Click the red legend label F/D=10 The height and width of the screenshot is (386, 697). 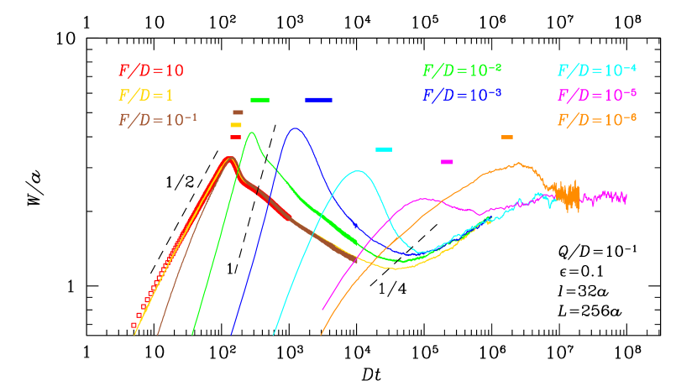click(x=150, y=70)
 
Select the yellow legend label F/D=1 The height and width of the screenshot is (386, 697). click(x=146, y=95)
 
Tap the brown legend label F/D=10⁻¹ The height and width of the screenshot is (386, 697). click(x=157, y=119)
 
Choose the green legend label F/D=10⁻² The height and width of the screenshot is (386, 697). click(x=462, y=70)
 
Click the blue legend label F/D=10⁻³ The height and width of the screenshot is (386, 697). click(x=462, y=95)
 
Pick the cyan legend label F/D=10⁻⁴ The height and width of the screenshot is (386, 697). click(x=596, y=70)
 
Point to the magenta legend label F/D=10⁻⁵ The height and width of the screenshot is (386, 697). click(x=596, y=95)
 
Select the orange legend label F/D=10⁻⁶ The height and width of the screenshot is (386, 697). click(x=596, y=119)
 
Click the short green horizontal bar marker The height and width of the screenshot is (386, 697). click(x=259, y=100)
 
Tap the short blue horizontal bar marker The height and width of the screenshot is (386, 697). click(x=318, y=100)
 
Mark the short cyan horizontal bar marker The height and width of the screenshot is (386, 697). click(x=384, y=149)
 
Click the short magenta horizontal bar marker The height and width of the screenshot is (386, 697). click(x=447, y=161)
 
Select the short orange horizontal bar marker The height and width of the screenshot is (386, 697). click(x=507, y=137)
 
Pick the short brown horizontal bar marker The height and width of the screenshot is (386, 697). click(x=238, y=112)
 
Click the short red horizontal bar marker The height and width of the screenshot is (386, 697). click(x=235, y=137)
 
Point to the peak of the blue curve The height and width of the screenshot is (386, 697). click(x=295, y=128)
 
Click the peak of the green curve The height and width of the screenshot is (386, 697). click(x=250, y=133)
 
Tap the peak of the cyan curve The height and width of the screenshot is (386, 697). click(x=359, y=171)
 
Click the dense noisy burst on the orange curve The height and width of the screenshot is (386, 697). click(x=569, y=195)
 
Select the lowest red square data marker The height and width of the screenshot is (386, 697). click(x=134, y=325)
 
